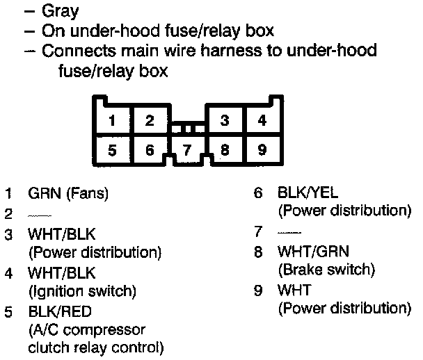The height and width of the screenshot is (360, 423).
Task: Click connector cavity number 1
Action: tap(112, 120)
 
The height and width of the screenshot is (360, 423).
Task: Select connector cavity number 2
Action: tap(149, 120)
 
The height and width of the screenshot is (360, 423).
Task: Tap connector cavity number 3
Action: tap(224, 120)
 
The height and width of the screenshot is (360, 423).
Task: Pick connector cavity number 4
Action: tap(262, 120)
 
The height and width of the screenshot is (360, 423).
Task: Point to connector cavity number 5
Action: tap(112, 149)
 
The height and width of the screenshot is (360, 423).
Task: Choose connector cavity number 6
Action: tap(149, 149)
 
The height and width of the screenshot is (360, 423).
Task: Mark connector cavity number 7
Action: tap(186, 150)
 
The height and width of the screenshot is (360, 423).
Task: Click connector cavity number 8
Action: tap(224, 149)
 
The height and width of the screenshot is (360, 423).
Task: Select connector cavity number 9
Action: tap(262, 149)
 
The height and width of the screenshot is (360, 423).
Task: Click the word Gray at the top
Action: tap(61, 12)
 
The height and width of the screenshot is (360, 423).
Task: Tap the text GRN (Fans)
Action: tap(68, 193)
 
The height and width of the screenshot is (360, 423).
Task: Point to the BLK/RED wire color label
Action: tap(60, 311)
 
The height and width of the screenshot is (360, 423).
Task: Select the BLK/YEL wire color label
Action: tap(308, 192)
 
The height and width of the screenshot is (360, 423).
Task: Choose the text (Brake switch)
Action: tap(326, 269)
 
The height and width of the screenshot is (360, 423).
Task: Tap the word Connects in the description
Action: tap(73, 51)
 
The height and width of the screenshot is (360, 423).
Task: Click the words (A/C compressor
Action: tap(87, 328)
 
